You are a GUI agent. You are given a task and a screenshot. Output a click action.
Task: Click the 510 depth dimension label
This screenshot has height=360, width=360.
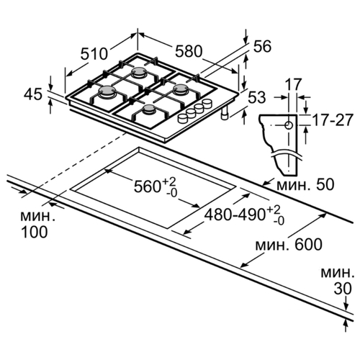point(94,53)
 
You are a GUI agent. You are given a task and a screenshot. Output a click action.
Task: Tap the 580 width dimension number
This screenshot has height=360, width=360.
point(189,51)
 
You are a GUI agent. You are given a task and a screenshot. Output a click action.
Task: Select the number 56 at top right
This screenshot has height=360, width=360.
point(262,46)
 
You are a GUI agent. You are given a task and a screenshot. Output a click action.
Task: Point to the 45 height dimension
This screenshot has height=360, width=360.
point(33,94)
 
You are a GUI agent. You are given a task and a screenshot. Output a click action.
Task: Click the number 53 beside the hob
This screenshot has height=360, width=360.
point(256,97)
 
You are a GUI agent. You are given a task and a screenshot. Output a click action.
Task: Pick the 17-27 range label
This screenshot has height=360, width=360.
point(333,120)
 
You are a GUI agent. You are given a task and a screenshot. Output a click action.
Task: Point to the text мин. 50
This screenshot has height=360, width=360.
point(305,185)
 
